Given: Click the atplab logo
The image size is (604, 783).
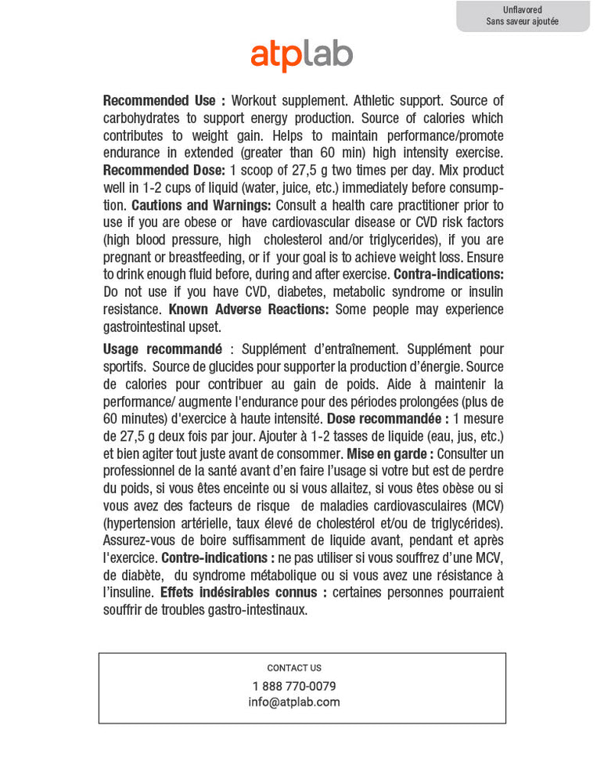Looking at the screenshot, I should click(x=301, y=56).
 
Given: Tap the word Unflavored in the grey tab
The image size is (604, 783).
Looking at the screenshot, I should click(x=523, y=9).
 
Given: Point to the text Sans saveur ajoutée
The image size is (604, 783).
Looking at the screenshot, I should click(x=523, y=22).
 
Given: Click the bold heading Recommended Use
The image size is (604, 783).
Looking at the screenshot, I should click(x=164, y=101).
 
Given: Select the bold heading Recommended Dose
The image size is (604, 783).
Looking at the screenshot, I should click(x=164, y=171).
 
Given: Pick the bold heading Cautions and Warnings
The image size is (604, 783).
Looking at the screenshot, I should click(x=201, y=205).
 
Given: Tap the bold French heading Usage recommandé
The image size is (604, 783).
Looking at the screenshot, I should click(x=163, y=349).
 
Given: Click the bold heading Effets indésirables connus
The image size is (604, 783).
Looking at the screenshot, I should click(x=243, y=592).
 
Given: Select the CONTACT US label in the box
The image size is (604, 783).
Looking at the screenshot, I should click(x=294, y=668).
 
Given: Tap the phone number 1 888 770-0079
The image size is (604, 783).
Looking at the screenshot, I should click(x=294, y=686).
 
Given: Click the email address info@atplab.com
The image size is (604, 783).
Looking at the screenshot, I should click(x=294, y=702).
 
